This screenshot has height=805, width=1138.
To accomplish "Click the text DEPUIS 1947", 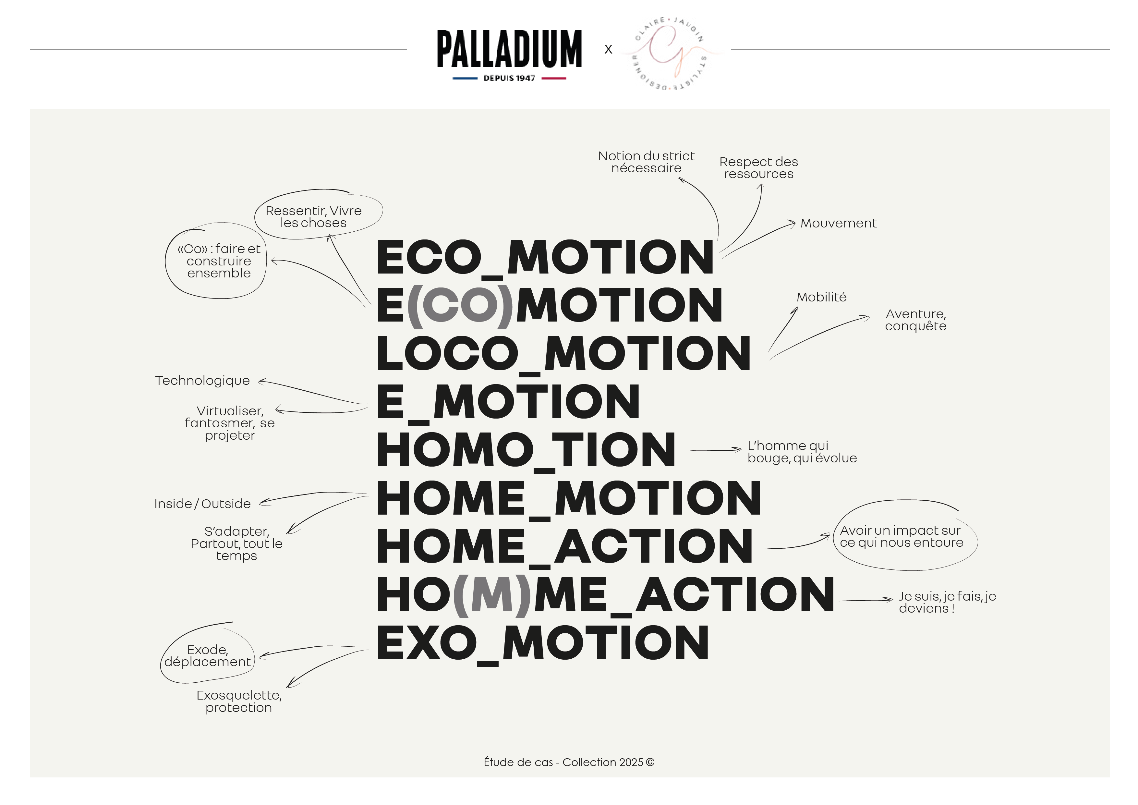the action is (509, 78).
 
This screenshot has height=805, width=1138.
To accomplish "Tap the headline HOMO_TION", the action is (526, 450).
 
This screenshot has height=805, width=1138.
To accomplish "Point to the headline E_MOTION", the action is (508, 402).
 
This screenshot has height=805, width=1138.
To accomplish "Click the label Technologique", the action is (202, 381).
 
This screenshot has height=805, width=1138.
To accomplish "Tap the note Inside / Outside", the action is (202, 504).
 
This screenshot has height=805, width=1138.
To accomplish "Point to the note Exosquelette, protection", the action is (239, 701).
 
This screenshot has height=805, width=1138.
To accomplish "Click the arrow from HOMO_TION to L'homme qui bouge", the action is (714, 450).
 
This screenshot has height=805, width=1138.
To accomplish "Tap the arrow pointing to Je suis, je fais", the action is (866, 600).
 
